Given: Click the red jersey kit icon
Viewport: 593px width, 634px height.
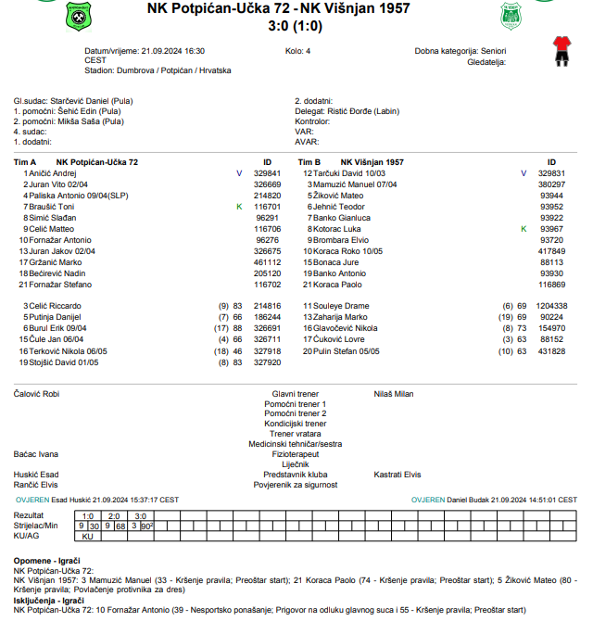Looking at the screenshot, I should click(559, 51).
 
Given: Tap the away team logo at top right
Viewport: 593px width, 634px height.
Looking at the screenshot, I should click(511, 15).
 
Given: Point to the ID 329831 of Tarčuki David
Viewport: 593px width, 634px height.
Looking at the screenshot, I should click(551, 173).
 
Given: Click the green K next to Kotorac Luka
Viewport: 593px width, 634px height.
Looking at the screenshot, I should click(524, 229).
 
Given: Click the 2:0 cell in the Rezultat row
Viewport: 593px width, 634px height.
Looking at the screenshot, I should click(114, 515).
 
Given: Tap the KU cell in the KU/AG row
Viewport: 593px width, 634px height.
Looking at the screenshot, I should click(88, 536).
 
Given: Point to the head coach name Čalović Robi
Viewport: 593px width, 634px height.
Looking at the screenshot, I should click(36, 394).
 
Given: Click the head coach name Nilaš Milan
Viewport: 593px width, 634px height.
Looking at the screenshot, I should click(393, 394).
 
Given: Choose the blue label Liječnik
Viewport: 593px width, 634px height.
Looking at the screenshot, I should click(296, 464).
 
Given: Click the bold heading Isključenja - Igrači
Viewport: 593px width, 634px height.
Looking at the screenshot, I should click(46, 601).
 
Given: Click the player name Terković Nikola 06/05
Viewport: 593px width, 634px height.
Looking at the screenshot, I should click(68, 351).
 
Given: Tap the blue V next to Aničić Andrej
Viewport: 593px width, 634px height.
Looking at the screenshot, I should click(238, 173).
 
